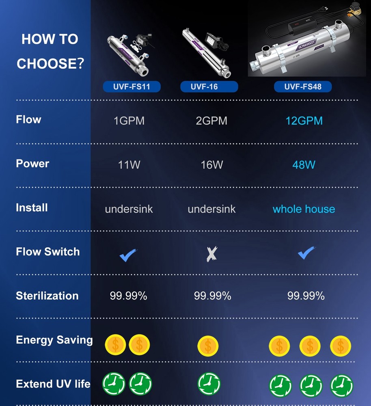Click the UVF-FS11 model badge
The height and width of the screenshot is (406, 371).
click(132, 86)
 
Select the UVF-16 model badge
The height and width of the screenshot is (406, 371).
click(209, 86)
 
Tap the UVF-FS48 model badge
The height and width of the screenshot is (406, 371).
click(302, 86)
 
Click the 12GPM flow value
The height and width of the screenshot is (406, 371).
click(304, 121)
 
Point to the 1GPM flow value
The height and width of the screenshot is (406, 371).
click(129, 121)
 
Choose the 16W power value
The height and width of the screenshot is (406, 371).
click(212, 165)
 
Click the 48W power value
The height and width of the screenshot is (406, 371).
click(304, 165)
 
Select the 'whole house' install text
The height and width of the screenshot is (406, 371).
click(304, 209)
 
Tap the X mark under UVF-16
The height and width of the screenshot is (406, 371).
click(211, 254)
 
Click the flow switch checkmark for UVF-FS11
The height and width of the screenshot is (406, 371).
click(128, 255)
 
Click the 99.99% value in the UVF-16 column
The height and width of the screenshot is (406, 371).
click(212, 296)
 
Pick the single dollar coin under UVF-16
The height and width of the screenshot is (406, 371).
click(208, 346)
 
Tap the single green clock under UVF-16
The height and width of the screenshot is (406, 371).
click(209, 384)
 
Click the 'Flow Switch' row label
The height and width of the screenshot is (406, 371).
click(47, 252)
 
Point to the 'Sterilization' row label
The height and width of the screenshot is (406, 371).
click(47, 296)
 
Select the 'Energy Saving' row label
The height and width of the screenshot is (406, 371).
click(54, 340)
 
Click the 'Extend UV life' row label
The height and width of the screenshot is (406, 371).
click(53, 384)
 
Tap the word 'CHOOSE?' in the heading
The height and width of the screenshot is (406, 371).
click(50, 64)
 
